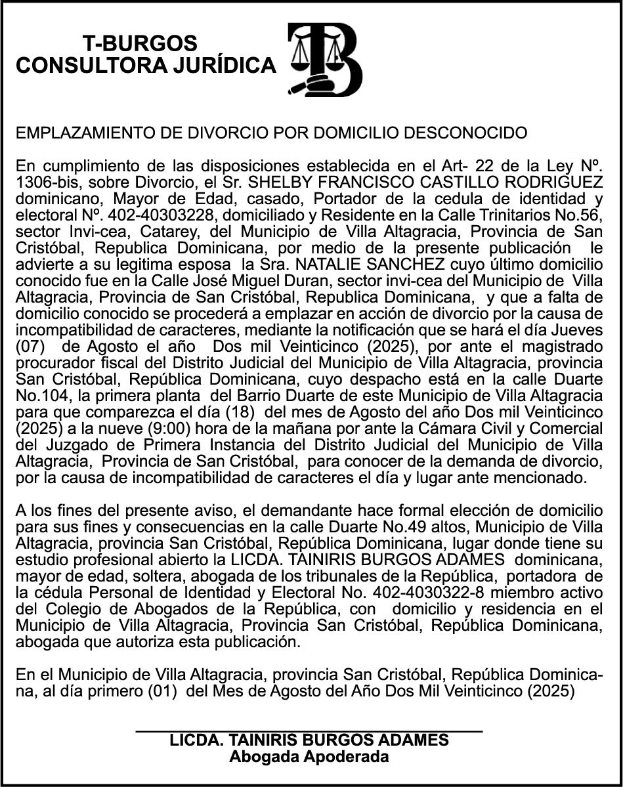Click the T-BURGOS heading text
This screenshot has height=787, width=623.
pos(140,43)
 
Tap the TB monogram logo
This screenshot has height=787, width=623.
pos(325,60)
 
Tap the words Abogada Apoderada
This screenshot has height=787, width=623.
pos(309,756)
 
